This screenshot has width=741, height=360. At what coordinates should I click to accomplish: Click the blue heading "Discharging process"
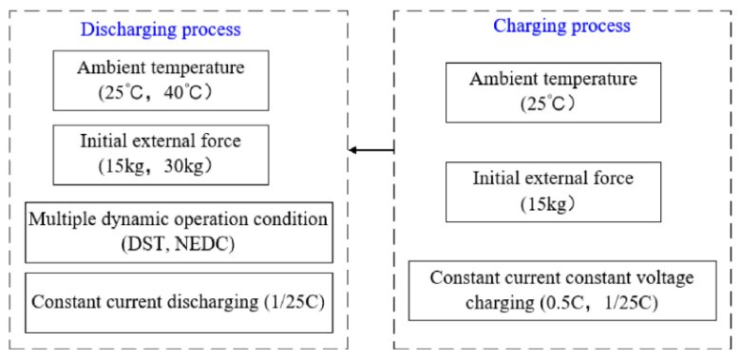(161, 29)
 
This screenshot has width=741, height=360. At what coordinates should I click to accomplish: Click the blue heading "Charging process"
(561, 26)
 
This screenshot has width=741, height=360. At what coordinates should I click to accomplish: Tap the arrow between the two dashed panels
(371, 150)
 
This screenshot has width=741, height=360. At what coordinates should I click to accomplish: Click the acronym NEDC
(194, 247)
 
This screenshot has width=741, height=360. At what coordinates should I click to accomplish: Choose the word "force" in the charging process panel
(615, 179)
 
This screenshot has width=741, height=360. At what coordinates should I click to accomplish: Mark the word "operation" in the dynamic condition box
(216, 219)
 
